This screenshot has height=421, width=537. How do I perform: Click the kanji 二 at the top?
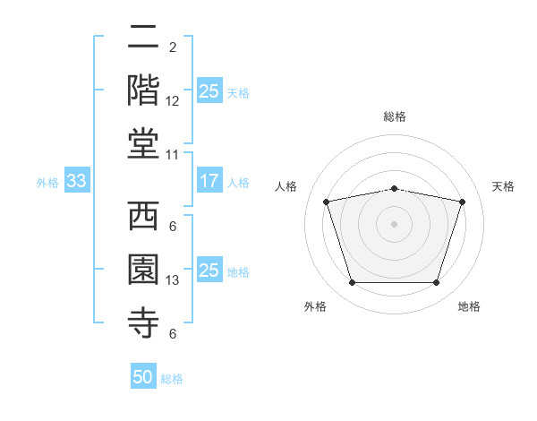coord(143,37)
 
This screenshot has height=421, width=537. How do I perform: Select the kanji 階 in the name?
coord(143,90)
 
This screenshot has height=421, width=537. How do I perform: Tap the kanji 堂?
coord(143,144)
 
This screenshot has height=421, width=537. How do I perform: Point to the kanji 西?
coord(143,216)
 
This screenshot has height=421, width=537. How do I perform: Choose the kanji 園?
coord(143,270)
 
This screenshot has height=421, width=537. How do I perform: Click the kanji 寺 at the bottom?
coord(143,323)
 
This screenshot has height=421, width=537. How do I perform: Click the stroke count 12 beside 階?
coord(172,101)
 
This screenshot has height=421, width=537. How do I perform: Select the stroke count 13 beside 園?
coord(172,280)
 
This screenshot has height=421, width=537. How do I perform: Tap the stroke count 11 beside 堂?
coord(172,155)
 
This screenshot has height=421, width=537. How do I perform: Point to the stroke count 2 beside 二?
coord(173,47)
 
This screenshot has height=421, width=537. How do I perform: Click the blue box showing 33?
coord(77,180)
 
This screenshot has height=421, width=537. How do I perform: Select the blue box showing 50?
coord(143,375)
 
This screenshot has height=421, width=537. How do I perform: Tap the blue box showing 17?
coord(210,180)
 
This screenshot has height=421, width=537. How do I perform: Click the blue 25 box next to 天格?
coord(210,90)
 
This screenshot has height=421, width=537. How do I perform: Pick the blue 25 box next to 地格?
coord(210,269)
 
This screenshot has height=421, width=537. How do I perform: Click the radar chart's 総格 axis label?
coord(395,116)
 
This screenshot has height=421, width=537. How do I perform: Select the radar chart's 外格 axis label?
coord(315,306)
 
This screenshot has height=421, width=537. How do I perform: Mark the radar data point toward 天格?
coord(463,202)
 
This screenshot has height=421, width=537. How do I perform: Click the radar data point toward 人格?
coord(327,202)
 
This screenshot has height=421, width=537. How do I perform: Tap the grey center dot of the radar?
coord(394,224)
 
